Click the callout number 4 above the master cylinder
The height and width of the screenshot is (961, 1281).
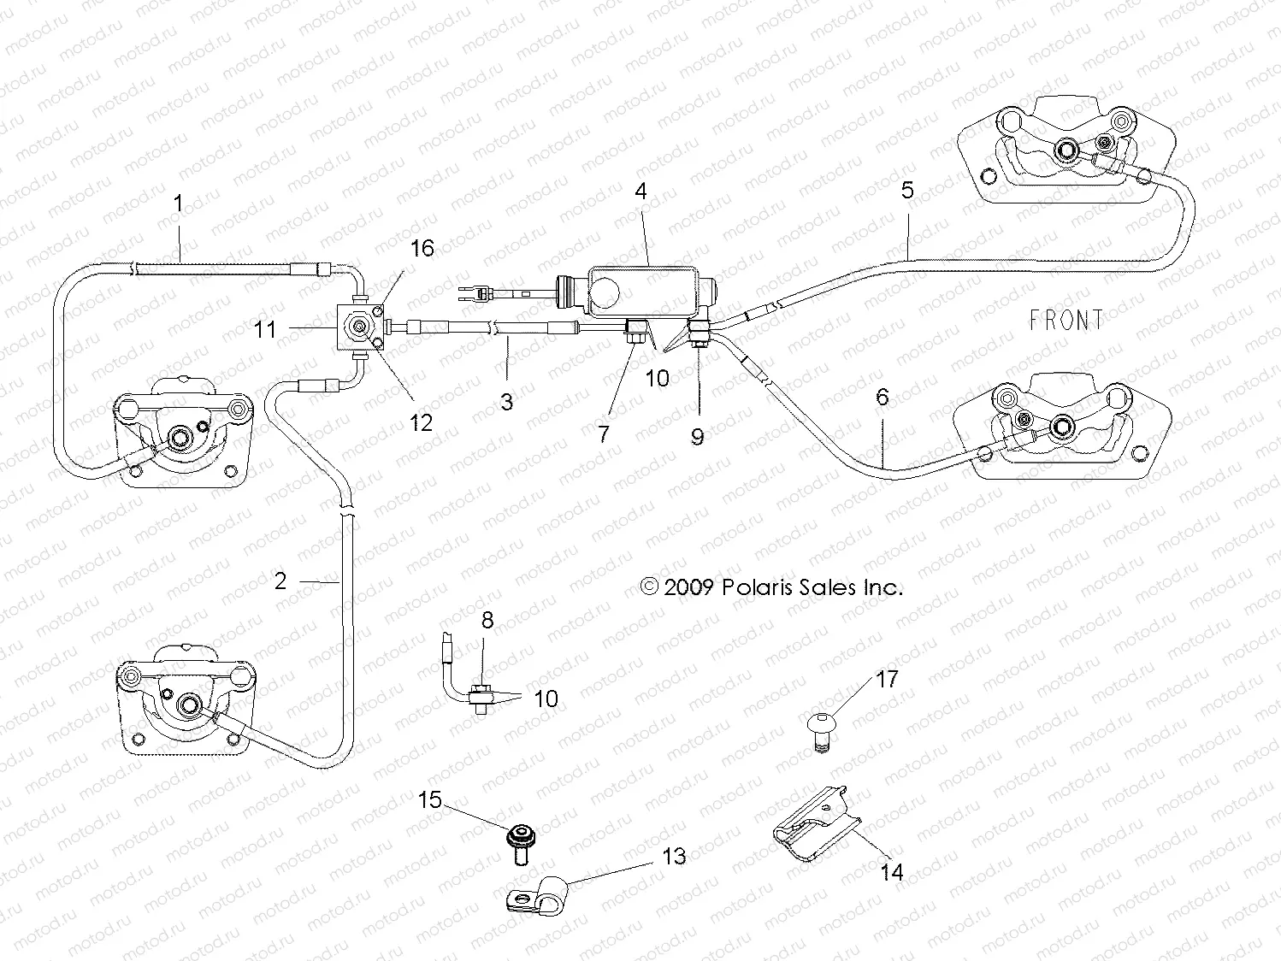[640, 192]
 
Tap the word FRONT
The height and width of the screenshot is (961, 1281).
[1066, 321]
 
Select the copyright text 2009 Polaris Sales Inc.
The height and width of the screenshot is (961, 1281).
[771, 587]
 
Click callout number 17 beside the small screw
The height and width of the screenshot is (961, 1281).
[887, 679]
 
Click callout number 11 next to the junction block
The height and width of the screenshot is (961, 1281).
[265, 329]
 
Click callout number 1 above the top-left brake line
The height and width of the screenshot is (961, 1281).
[178, 203]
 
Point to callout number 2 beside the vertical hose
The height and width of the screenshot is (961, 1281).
[280, 581]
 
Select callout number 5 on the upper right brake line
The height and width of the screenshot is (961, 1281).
[907, 190]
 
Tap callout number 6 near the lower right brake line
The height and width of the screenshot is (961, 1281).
[882, 397]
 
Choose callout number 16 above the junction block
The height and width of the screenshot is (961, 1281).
[422, 249]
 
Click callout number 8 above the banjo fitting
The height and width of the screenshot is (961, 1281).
[487, 620]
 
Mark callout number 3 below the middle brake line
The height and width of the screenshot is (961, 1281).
[506, 401]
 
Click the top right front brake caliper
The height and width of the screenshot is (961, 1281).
[1060, 154]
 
